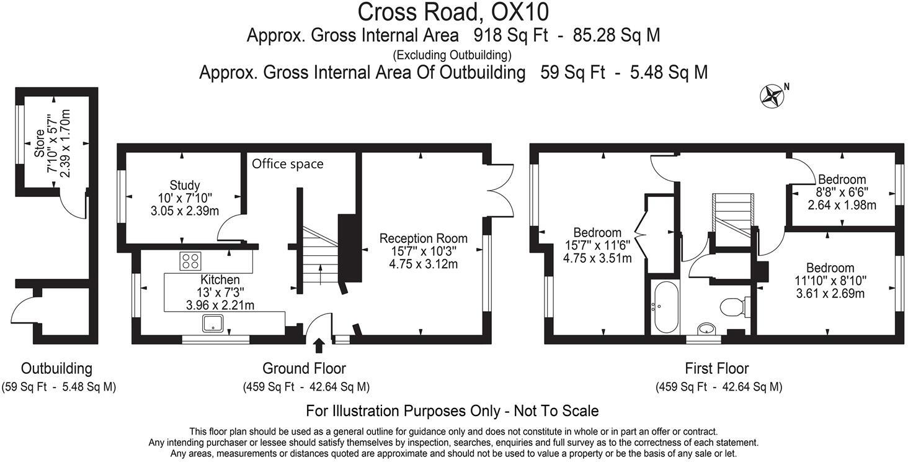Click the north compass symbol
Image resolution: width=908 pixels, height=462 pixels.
772,96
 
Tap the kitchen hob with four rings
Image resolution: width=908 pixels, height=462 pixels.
190,261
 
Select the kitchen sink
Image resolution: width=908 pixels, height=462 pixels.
213,323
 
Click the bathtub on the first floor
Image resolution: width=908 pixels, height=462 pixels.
664,307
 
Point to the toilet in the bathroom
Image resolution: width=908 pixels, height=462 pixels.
736,306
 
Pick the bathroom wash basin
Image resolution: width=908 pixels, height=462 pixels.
706,328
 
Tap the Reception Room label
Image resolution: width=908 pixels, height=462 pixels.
423,238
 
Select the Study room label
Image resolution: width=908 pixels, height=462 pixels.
185,185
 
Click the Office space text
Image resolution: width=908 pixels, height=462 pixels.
287,164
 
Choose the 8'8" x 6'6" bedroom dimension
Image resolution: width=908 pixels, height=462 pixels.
842,192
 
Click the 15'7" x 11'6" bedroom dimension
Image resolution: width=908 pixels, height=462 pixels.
597,246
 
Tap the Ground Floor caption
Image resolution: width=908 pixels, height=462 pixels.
304,368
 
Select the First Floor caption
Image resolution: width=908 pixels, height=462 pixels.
716,368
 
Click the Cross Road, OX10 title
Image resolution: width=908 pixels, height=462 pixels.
453,12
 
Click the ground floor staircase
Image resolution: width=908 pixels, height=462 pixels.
319,255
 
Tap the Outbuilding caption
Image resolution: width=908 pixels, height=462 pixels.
56,368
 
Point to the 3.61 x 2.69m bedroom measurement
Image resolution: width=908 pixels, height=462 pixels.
830,294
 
